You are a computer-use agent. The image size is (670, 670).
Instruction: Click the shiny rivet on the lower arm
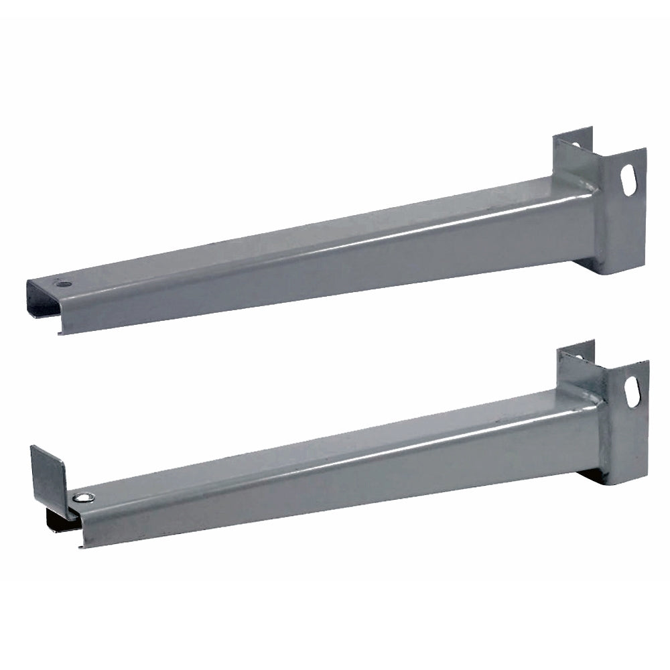point(82,497)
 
